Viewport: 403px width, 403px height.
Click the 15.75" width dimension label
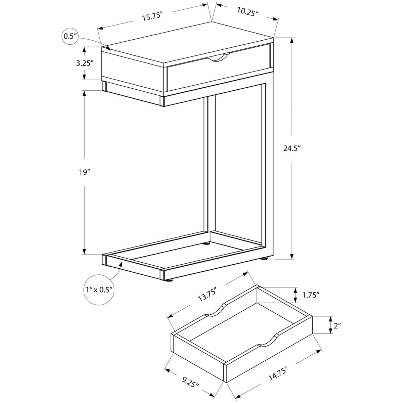(x=152, y=16)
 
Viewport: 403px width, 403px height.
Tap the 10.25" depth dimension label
(x=248, y=12)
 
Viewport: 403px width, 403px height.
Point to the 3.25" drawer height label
(x=84, y=63)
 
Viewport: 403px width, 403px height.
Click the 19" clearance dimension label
(x=84, y=172)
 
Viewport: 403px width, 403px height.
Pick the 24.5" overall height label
(x=292, y=148)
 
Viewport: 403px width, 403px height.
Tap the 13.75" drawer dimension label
(x=207, y=295)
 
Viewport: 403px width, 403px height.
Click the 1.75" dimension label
(x=311, y=295)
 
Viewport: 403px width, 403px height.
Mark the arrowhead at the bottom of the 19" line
(x=84, y=252)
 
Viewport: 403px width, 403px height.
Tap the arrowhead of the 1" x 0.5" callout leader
(x=121, y=264)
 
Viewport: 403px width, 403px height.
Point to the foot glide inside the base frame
(x=206, y=243)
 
